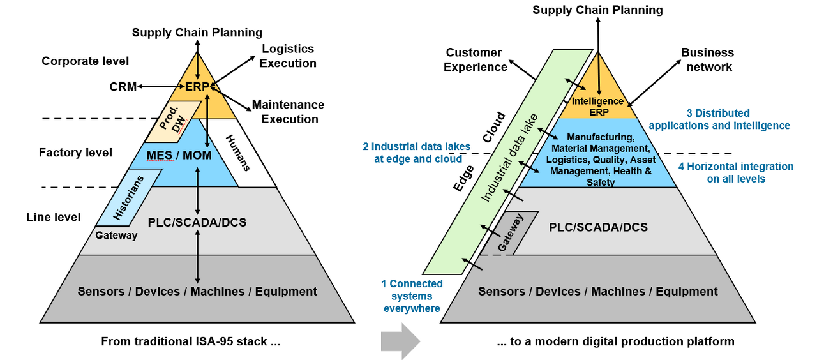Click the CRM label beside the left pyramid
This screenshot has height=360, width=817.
pyautogui.click(x=123, y=87)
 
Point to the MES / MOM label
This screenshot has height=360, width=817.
pyautogui.click(x=170, y=155)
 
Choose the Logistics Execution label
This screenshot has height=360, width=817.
pyautogui.click(x=288, y=56)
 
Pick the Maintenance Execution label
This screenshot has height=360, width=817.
pyautogui.click(x=288, y=112)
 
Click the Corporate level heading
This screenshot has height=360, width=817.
pyautogui.click(x=85, y=61)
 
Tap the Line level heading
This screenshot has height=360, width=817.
pyautogui.click(x=54, y=217)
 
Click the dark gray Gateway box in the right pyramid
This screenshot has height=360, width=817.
pyautogui.click(x=509, y=233)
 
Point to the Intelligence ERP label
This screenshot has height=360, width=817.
pyautogui.click(x=597, y=107)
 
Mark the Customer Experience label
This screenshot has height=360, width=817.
pyautogui.click(x=474, y=59)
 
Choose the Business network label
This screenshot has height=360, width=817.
pyautogui.click(x=707, y=59)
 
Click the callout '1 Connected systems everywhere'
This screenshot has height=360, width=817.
pyautogui.click(x=412, y=296)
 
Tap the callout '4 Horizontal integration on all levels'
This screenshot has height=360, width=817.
pyautogui.click(x=736, y=172)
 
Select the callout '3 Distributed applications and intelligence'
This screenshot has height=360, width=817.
pyautogui.click(x=719, y=119)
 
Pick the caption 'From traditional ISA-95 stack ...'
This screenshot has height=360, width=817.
pyautogui.click(x=191, y=341)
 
